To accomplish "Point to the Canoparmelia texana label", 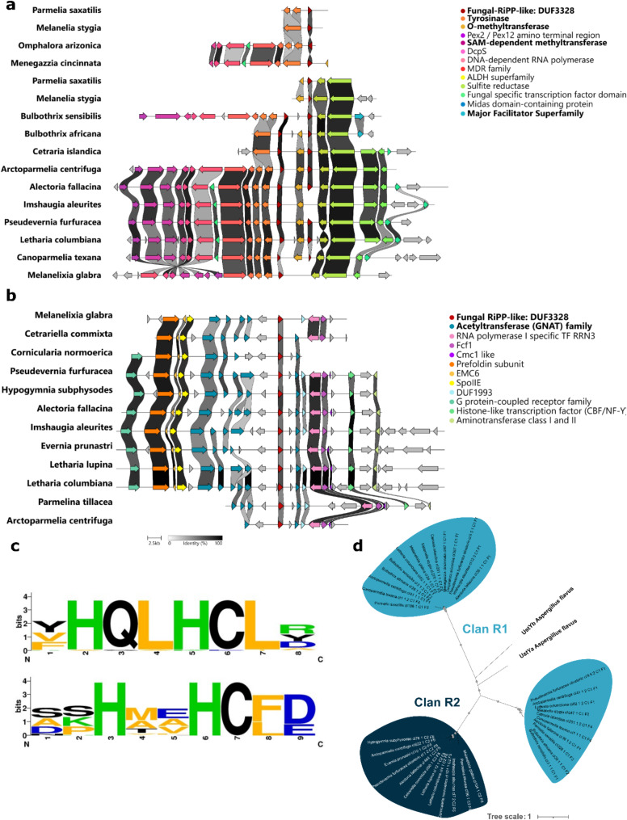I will click(x=64, y=257).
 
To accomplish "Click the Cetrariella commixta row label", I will click(x=67, y=333).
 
